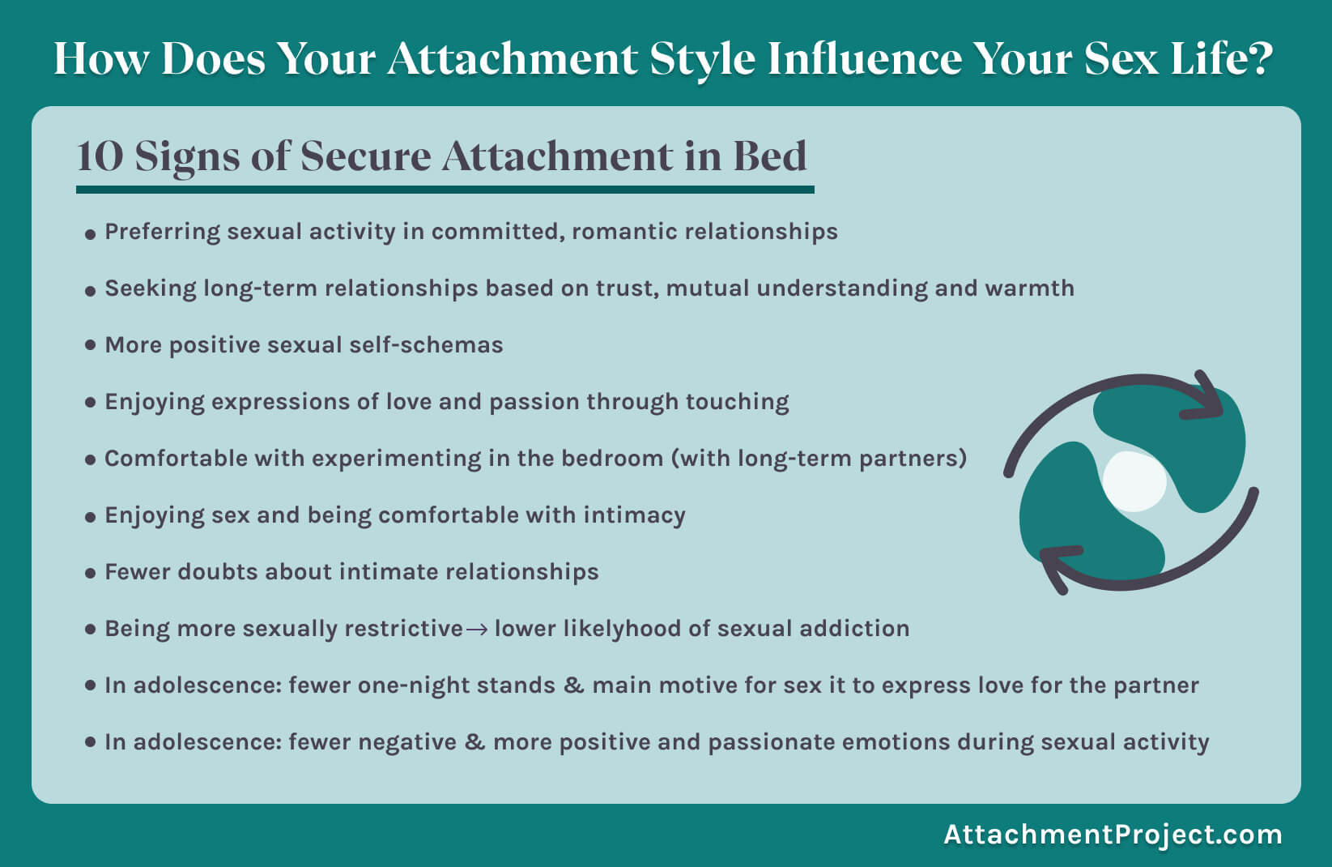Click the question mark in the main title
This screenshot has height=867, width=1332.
tap(1258, 58)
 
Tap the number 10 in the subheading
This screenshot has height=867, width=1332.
tap(100, 156)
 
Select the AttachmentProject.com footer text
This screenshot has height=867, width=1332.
tap(1113, 835)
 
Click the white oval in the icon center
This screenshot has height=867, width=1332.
tap(1134, 481)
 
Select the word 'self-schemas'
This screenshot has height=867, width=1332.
tap(426, 345)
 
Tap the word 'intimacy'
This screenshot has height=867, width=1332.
tap(635, 516)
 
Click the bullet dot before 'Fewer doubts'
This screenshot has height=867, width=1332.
tap(91, 573)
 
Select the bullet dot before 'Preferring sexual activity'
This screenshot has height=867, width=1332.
tap(91, 234)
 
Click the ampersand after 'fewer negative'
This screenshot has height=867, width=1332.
tap(474, 742)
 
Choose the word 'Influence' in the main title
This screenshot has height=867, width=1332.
tap(865, 58)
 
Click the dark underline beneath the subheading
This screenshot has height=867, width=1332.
tap(445, 190)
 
